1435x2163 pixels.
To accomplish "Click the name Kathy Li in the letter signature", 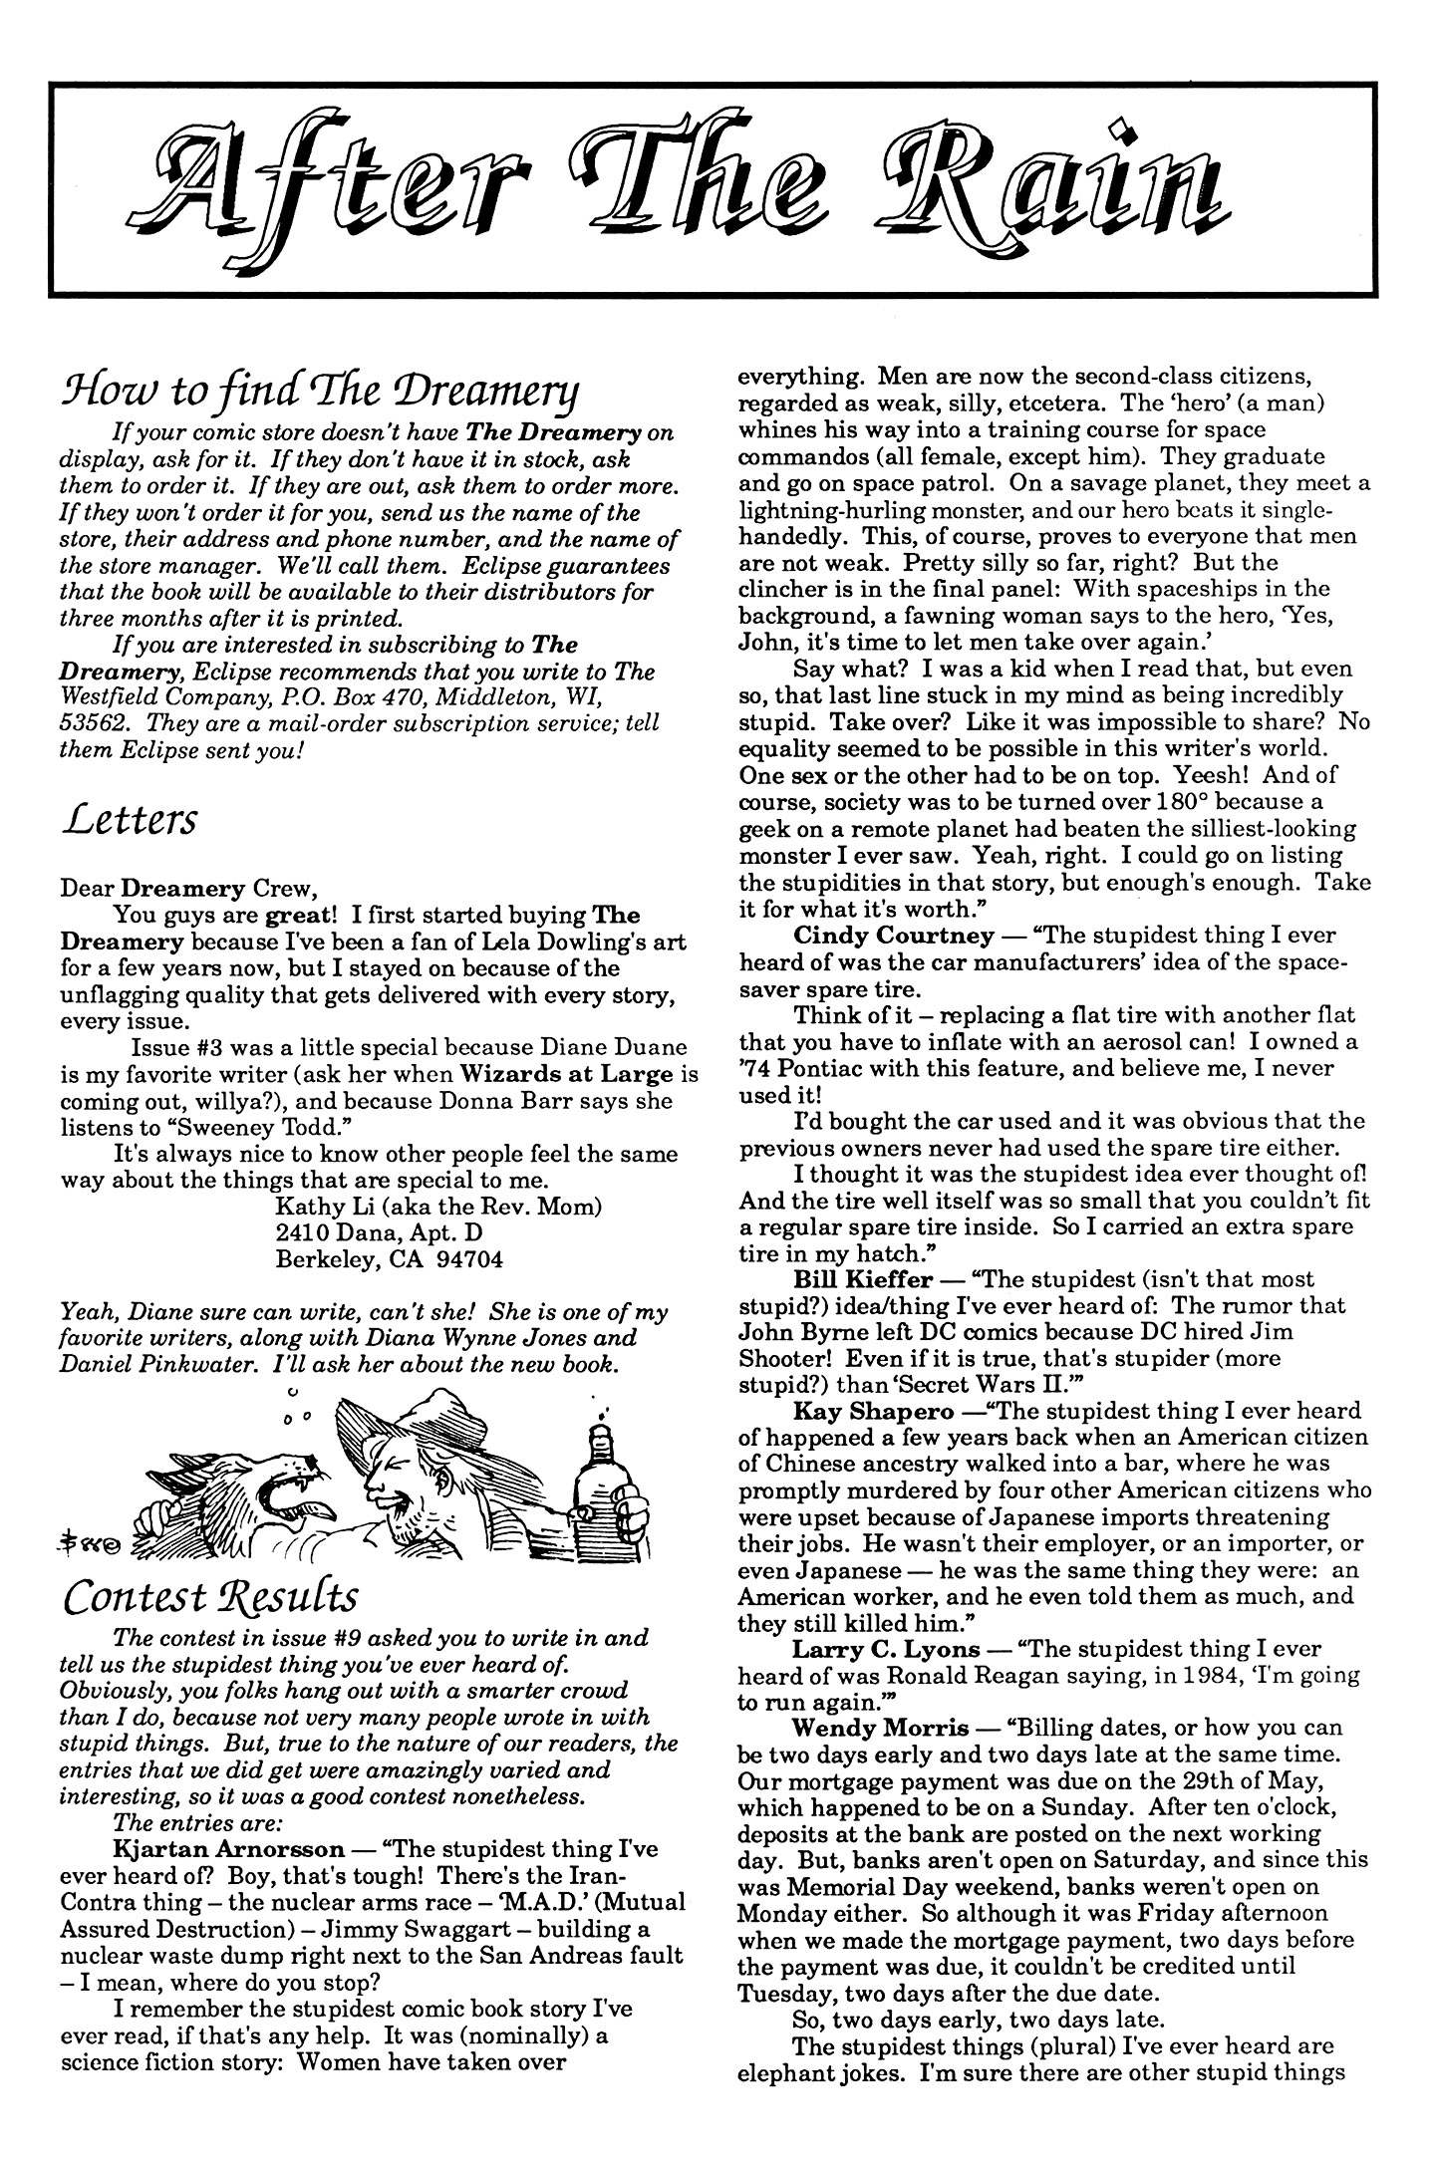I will (x=313, y=1207).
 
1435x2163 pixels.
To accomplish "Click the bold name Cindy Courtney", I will (x=894, y=936).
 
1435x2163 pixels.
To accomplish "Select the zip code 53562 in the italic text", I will (x=85, y=722).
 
